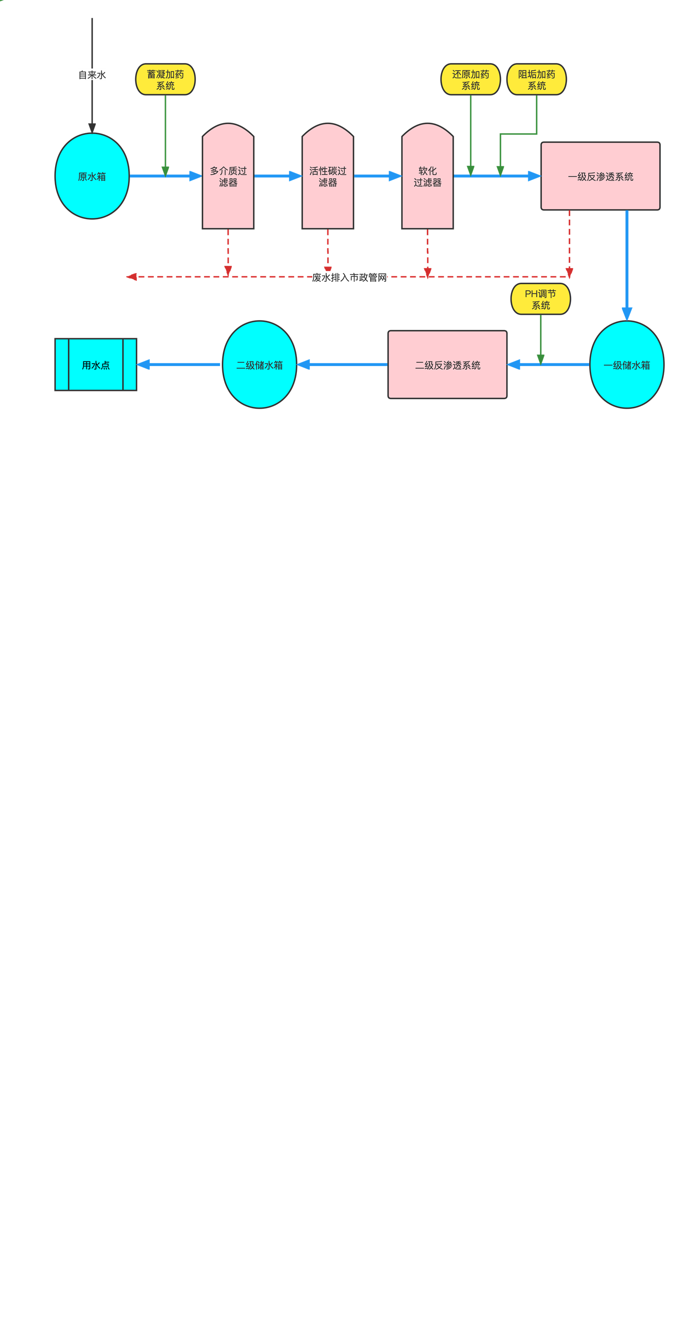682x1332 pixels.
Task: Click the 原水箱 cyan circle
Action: pos(92,176)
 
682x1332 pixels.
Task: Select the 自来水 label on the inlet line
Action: pos(92,75)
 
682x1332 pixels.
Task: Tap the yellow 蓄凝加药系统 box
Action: pos(165,80)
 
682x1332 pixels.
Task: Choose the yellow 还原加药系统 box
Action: pos(471,80)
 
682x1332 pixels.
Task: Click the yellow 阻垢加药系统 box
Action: pos(537,80)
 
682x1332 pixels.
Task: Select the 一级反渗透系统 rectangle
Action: pos(600,176)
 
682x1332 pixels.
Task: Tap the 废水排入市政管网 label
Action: pos(350,278)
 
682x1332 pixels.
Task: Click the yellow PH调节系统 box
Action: pos(541,300)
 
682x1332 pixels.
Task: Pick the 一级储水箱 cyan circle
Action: pos(627,365)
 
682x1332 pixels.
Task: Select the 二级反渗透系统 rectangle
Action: pos(448,365)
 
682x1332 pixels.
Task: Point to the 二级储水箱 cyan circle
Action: pos(260,365)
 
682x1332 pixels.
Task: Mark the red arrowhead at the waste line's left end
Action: pos(132,277)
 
